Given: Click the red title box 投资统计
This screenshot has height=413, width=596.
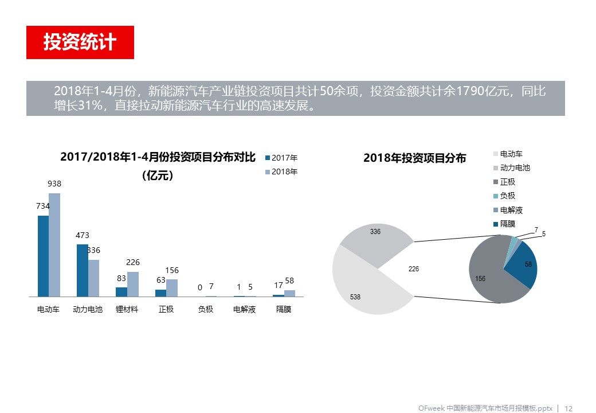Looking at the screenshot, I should pyautogui.click(x=80, y=42).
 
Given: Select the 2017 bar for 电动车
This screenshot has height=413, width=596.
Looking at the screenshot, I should pyautogui.click(x=43, y=256).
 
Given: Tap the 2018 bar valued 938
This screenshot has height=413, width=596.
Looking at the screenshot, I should pyautogui.click(x=54, y=245).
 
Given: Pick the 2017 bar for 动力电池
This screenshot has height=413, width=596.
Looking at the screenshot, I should pyautogui.click(x=82, y=270).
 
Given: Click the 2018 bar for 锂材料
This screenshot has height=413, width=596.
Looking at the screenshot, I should pyautogui.click(x=132, y=284).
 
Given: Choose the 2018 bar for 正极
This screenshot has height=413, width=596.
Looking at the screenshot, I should pyautogui.click(x=172, y=288).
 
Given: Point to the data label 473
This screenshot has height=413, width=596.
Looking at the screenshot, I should pyautogui.click(x=82, y=235).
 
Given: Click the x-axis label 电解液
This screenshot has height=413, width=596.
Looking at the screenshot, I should pyautogui.click(x=244, y=310).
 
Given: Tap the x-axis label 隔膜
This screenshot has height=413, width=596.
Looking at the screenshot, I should pyautogui.click(x=284, y=310).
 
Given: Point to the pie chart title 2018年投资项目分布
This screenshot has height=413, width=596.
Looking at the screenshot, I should pyautogui.click(x=414, y=158).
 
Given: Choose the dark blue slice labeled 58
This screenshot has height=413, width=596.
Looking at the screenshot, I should pyautogui.click(x=524, y=267).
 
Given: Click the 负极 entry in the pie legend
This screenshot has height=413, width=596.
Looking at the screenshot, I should pyautogui.click(x=507, y=196).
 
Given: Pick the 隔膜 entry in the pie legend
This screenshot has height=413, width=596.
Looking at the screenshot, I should pyautogui.click(x=507, y=224).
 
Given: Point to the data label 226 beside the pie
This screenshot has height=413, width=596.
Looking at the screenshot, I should pyautogui.click(x=413, y=268).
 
